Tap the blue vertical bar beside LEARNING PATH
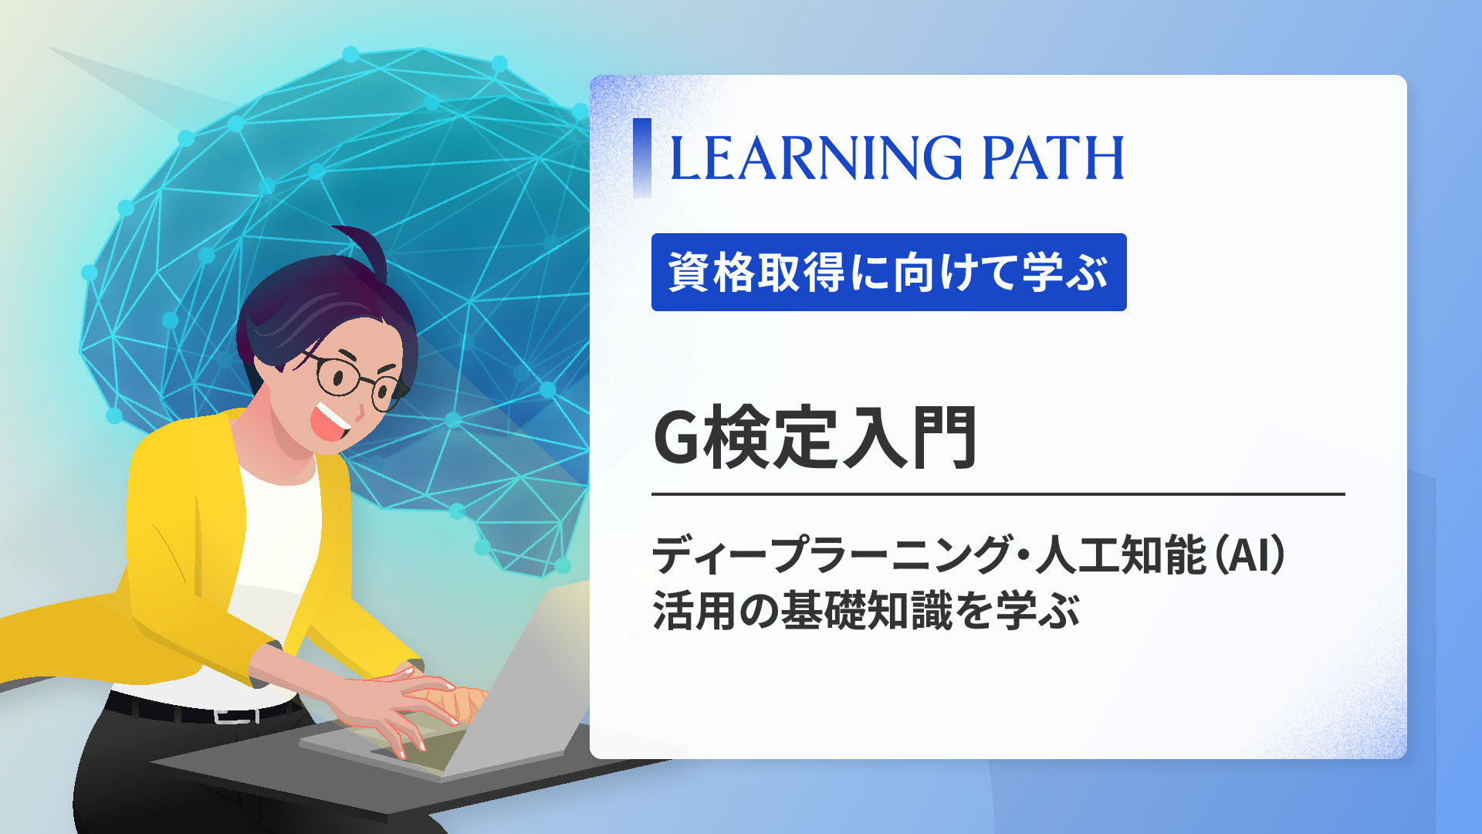point(641,158)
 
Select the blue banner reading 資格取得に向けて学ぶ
point(888,272)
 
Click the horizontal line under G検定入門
point(997,493)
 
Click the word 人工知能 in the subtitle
point(1121,554)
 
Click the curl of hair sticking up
point(363,243)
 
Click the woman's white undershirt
point(278,541)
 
